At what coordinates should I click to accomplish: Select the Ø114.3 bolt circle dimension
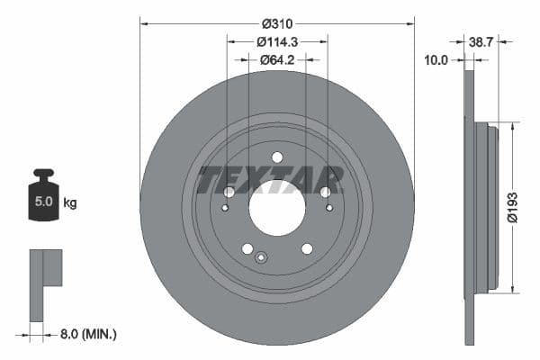click(x=276, y=40)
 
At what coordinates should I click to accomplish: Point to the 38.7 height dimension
click(x=481, y=41)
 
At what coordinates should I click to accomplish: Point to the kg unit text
click(x=70, y=202)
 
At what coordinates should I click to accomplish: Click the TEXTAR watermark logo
click(x=270, y=179)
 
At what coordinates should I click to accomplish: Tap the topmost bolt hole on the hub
click(x=277, y=157)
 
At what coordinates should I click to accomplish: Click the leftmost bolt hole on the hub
click(x=229, y=192)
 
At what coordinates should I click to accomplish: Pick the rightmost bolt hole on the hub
click(x=326, y=192)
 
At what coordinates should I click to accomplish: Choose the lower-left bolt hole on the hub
click(x=247, y=248)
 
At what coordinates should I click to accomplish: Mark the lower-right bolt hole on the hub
click(x=307, y=248)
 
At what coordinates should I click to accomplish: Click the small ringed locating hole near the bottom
click(x=261, y=258)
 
